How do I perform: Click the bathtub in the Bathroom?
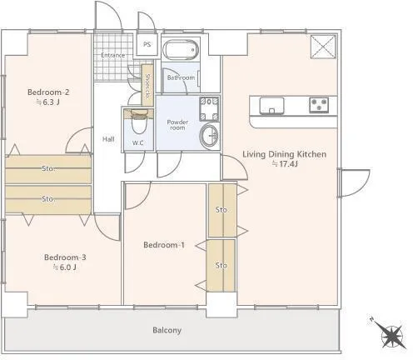click(181, 49)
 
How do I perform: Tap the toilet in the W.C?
click(138, 122)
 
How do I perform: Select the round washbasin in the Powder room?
click(209, 136)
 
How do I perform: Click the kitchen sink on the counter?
click(271, 106)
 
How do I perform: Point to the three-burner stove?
click(319, 105)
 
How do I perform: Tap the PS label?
click(147, 44)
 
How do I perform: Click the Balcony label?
click(167, 330)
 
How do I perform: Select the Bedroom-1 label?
click(164, 245)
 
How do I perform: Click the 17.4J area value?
click(285, 164)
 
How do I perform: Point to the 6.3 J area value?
click(48, 102)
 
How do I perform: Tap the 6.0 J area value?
click(65, 267)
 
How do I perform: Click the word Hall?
click(108, 139)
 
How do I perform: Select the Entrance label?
click(113, 55)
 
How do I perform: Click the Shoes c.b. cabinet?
click(147, 85)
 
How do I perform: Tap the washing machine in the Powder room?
click(209, 109)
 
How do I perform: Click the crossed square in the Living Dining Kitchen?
click(323, 47)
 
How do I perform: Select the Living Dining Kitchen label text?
click(285, 154)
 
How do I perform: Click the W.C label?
click(138, 143)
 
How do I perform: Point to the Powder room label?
click(177, 125)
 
